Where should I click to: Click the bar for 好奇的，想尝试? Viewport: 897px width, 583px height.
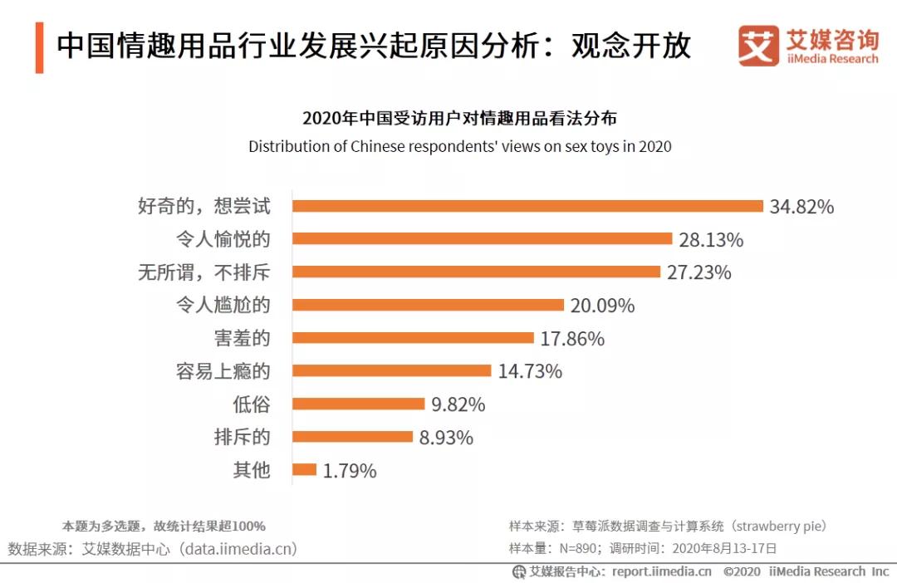(x=528, y=206)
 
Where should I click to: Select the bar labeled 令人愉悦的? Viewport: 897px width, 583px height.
(x=483, y=239)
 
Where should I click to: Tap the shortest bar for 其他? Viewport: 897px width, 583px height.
(x=305, y=470)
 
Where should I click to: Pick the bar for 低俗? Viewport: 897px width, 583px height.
(x=359, y=404)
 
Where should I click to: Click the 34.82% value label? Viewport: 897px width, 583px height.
(x=801, y=207)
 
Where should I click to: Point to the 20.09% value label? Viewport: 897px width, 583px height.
(x=602, y=306)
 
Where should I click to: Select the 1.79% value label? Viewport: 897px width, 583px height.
(x=350, y=471)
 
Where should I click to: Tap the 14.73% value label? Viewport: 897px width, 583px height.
(x=530, y=371)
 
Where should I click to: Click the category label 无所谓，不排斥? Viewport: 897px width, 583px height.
(x=204, y=272)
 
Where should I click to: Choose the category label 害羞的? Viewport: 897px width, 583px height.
(x=242, y=339)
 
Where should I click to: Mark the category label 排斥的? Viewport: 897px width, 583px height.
(x=242, y=437)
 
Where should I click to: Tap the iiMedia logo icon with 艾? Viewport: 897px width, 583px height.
(x=758, y=46)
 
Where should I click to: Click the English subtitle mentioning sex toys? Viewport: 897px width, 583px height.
(x=459, y=146)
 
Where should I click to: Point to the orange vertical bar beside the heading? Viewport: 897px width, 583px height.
(x=39, y=47)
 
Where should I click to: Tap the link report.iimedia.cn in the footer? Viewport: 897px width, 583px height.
(x=662, y=571)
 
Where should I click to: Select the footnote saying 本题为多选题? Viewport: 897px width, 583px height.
(x=164, y=526)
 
